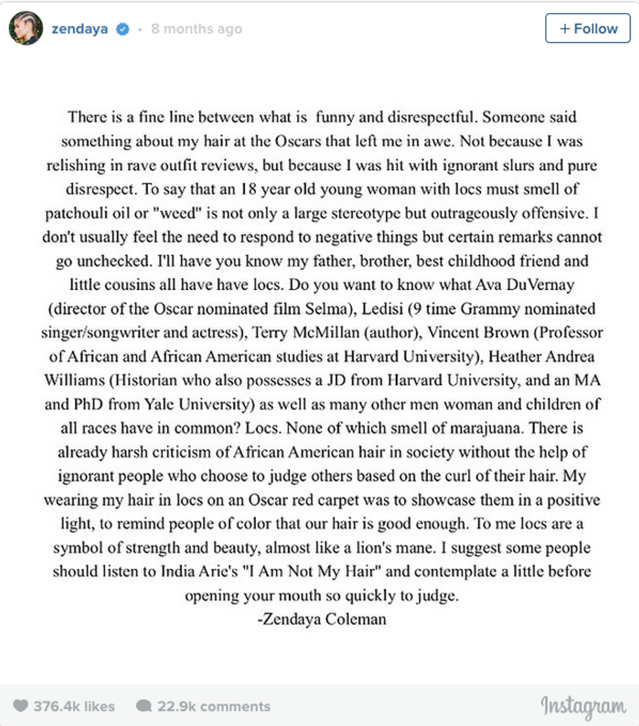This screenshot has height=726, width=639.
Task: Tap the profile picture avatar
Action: (26, 29)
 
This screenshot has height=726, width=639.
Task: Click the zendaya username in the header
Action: (80, 29)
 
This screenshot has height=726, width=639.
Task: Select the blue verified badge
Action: (122, 29)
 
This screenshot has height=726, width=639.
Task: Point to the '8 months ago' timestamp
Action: (196, 29)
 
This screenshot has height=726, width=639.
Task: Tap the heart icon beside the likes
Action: (21, 706)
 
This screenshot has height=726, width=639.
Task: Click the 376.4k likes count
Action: (74, 706)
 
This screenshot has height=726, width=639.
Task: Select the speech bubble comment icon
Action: (143, 706)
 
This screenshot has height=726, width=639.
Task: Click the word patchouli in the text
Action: (74, 213)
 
